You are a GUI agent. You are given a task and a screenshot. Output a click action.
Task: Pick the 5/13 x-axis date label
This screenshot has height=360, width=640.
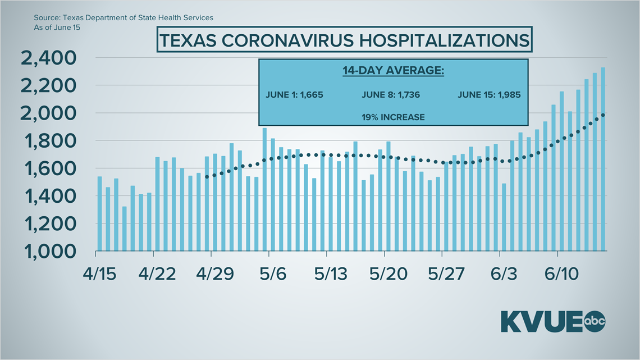coord(331,274)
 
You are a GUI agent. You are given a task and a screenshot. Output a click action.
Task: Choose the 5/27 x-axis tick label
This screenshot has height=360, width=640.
coord(446,274)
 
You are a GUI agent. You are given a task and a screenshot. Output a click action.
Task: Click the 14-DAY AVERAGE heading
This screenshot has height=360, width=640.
coord(392,71)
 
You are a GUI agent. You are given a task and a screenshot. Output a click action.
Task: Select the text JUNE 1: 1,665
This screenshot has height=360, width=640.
coord(294,94)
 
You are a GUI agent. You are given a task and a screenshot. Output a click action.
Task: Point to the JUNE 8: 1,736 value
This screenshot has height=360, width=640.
coord(390,94)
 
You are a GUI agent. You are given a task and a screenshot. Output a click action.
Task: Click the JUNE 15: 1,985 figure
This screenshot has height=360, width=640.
coord(489,94)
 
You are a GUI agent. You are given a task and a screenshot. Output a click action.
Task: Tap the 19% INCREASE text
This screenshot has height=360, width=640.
coord(392,117)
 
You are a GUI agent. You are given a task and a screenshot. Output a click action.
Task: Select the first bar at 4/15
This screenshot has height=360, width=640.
coord(100,213)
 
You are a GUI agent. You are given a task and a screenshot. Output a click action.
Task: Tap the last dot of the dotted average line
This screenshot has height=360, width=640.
coord(603,115)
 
